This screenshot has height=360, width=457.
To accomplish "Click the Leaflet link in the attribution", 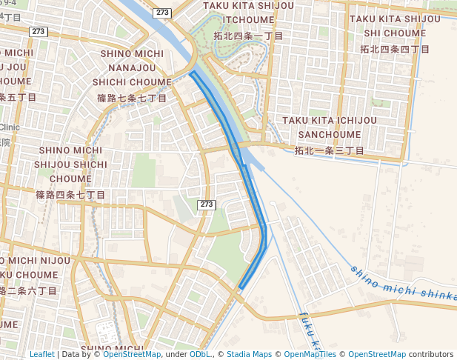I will pyautogui.click(x=42, y=354).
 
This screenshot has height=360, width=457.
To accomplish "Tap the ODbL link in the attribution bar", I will pyautogui.click(x=199, y=354).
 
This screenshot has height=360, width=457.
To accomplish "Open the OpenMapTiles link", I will pyautogui.click(x=310, y=354).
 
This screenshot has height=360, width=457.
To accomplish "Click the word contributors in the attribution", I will pyautogui.click(x=431, y=354).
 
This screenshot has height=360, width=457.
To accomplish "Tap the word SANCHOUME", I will pyautogui.click(x=330, y=135).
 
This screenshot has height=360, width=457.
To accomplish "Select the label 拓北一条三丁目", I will pyautogui.click(x=330, y=150).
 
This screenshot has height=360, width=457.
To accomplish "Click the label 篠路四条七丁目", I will pyautogui.click(x=71, y=195).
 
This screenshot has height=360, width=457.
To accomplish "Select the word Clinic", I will pyautogui.click(x=10, y=127).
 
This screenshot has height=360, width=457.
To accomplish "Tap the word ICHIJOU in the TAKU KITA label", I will pyautogui.click(x=351, y=120).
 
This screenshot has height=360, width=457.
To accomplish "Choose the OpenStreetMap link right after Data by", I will pyautogui.click(x=132, y=354).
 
